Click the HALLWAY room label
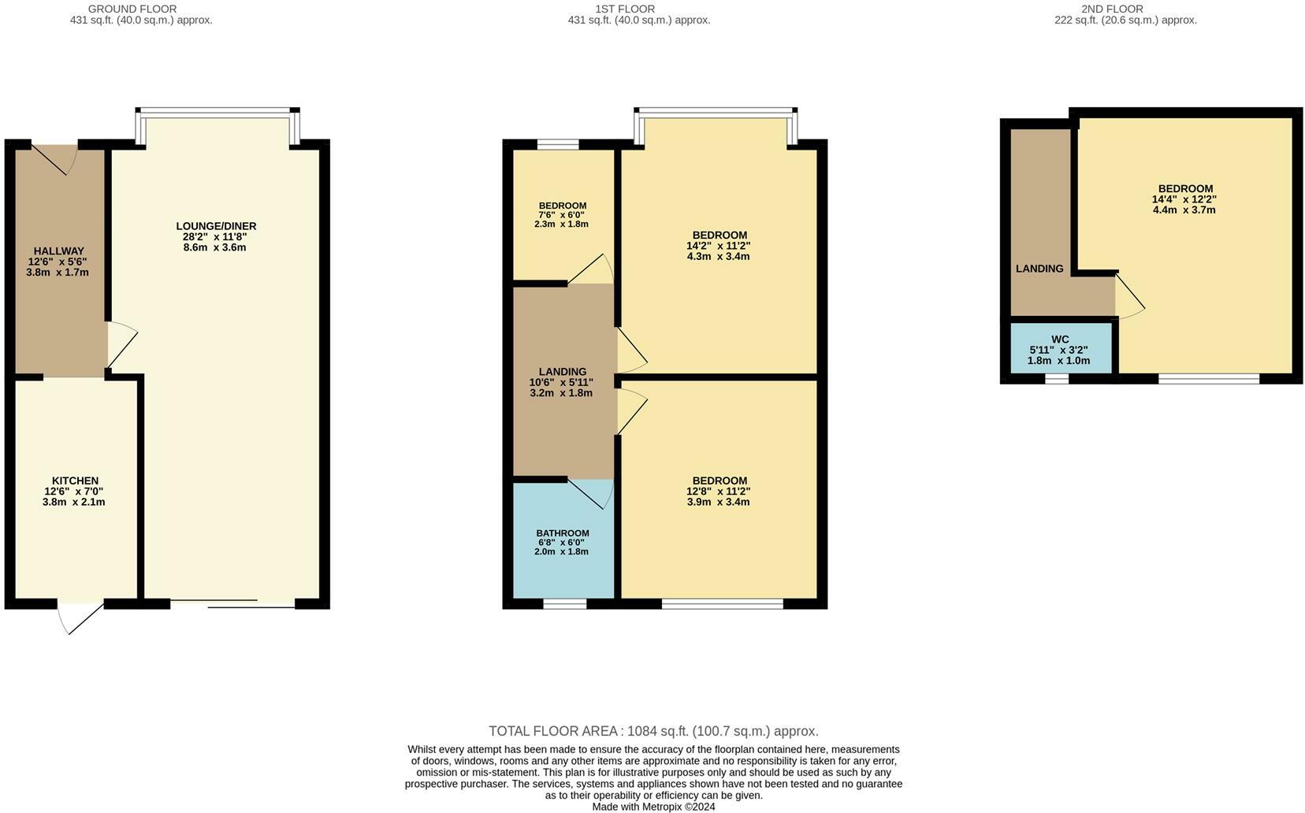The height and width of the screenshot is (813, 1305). tap(58, 251)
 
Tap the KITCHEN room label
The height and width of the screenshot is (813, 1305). tap(75, 481)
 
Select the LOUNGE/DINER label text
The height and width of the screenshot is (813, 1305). tap(216, 226)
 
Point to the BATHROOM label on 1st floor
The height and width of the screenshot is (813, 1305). tap(563, 533)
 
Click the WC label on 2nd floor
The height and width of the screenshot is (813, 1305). tap(1060, 340)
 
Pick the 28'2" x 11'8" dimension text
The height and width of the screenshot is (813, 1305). tap(216, 236)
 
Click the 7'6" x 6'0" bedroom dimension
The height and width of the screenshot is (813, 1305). tap(562, 215)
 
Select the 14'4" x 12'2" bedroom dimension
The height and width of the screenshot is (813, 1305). tap(1184, 199)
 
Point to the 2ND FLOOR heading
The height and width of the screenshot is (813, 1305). tap(1112, 9)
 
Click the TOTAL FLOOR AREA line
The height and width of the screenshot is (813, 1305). tap(653, 731)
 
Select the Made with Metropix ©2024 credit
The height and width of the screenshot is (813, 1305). tap(653, 807)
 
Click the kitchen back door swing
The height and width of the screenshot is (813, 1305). tap(80, 618)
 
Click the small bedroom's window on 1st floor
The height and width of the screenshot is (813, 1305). tap(558, 144)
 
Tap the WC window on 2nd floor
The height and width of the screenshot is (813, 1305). tap(1056, 379)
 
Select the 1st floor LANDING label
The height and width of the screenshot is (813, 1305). tap(563, 372)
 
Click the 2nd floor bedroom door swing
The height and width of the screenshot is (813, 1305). tap(1129, 299)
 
